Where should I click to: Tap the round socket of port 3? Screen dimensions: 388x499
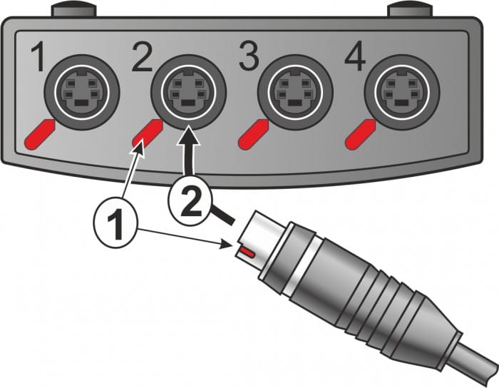tap(294, 92)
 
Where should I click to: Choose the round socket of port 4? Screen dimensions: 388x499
tap(401, 92)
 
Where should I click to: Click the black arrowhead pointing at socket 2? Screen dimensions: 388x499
tap(188, 135)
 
